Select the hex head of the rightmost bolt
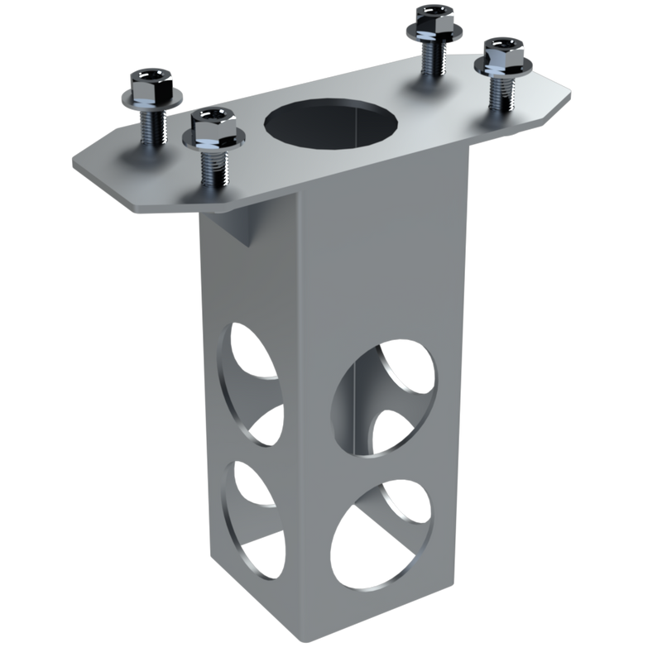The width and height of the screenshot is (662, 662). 502,51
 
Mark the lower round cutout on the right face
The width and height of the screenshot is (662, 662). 385,538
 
